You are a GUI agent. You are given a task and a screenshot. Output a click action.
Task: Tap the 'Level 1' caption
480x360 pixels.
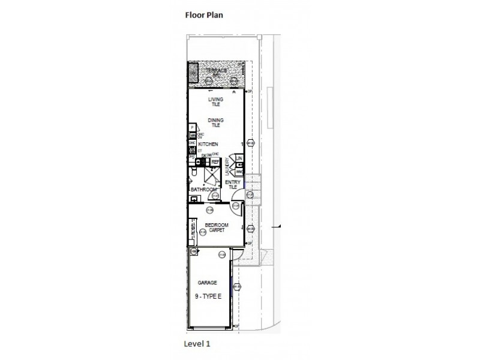197,344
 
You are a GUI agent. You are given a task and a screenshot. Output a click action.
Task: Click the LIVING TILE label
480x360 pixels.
215,102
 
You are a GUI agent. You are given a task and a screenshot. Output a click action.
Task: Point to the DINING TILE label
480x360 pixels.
215,122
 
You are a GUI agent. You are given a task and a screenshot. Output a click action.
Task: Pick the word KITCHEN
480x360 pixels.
208,145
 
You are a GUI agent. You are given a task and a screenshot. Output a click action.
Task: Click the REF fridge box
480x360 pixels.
215,161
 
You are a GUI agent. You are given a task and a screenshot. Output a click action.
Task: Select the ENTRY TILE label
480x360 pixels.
232,184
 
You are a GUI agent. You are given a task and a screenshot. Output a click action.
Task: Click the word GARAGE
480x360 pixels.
207,282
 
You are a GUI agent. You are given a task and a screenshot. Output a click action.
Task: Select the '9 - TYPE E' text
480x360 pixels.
207,296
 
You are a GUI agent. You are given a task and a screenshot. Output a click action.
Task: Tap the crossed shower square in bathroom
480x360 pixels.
212,176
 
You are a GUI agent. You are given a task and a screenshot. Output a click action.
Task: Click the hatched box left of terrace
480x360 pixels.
194,75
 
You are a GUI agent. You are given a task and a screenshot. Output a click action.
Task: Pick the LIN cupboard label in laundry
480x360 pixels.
238,158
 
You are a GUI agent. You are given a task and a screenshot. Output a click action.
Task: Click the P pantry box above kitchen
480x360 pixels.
192,128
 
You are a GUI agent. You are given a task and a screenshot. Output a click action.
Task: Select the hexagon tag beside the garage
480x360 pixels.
238,287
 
